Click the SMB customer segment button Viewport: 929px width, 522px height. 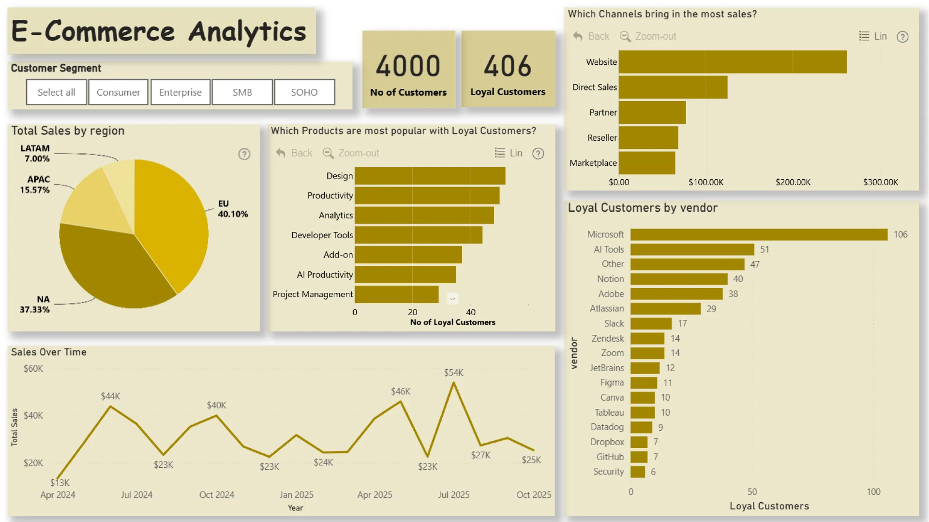coord(242,92)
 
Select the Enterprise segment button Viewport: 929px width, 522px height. coord(180,92)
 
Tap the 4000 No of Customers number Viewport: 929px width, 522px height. coord(408,66)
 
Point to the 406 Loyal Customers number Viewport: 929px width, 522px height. coord(508,66)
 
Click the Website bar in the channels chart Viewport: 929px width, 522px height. coord(733,62)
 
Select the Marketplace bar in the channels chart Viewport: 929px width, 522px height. coord(647,163)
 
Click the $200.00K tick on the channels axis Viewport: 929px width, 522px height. coord(793,182)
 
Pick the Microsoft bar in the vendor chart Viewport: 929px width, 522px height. coord(759,234)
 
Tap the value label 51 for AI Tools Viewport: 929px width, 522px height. coord(764,249)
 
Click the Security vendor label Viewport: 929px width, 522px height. coord(608,471)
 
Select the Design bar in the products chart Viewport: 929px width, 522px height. coord(430,176)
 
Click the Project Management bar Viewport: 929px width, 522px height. coord(397,294)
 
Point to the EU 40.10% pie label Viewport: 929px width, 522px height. coord(232,209)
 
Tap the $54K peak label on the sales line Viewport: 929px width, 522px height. coord(453,373)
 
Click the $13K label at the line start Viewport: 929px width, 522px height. coord(60,482)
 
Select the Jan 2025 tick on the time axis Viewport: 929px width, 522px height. coord(296,494)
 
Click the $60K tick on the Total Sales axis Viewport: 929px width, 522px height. coord(33,368)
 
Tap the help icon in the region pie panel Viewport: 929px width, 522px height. coord(244,154)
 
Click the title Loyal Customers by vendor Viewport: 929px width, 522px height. coord(643,208)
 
